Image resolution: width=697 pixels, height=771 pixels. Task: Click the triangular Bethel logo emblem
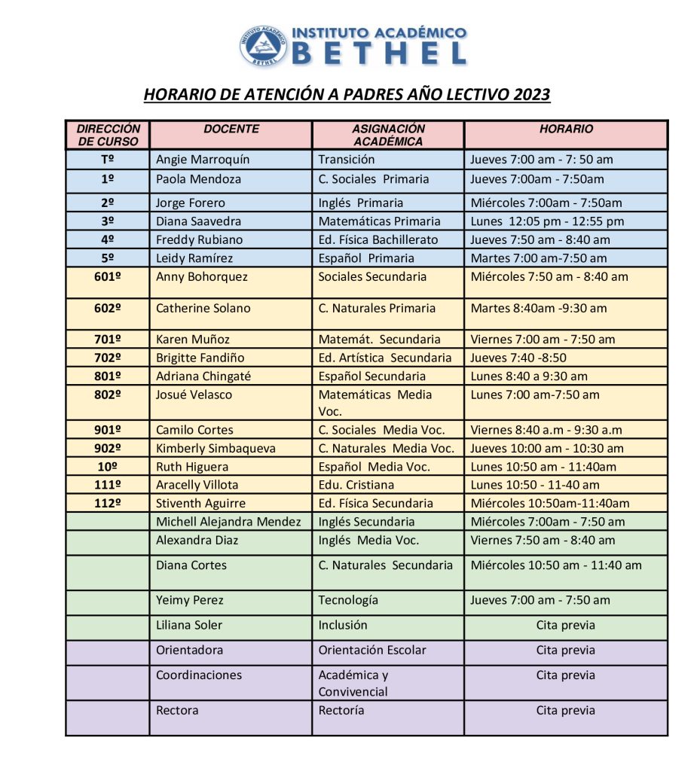tap(263, 44)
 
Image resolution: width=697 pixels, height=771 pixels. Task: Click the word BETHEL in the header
tap(378, 53)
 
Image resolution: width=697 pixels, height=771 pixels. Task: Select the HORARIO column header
tap(566, 130)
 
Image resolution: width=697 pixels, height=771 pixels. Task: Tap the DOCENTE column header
tap(231, 130)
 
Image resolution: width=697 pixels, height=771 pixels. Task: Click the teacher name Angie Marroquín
tap(202, 160)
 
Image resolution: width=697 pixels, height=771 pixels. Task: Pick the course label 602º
tap(108, 308)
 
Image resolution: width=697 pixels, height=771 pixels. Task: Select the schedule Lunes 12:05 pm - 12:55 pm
tap(547, 221)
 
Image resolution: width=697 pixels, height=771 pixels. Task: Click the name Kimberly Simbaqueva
tap(216, 448)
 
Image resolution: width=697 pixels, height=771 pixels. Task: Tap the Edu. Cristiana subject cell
tap(356, 485)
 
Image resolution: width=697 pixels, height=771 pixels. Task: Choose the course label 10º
tap(108, 467)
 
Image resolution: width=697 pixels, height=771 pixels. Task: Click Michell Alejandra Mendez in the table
tap(228, 522)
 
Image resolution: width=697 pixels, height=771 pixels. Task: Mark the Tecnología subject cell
tap(348, 600)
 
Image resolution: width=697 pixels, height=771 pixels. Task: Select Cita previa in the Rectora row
tap(565, 710)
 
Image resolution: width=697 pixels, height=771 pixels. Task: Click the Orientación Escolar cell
tap(371, 650)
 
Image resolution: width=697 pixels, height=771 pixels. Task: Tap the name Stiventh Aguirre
tap(200, 503)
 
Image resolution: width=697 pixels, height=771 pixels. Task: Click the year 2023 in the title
tap(532, 95)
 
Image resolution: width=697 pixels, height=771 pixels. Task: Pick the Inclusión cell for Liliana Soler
tap(343, 625)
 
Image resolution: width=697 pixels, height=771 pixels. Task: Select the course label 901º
tap(108, 430)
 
